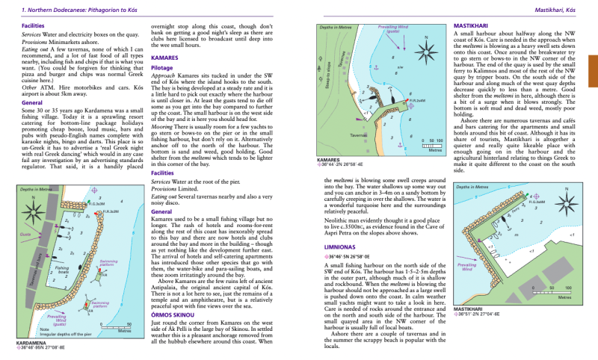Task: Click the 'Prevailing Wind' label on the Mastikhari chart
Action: (x=467, y=267)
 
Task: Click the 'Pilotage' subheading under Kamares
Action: (x=163, y=66)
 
